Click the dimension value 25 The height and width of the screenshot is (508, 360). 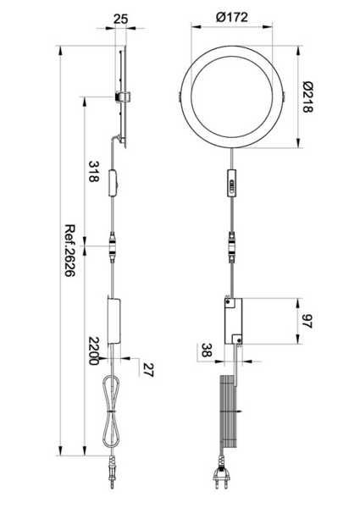pos(121,18)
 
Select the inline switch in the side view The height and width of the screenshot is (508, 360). pos(114,184)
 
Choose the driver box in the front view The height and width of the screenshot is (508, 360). pos(232,319)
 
